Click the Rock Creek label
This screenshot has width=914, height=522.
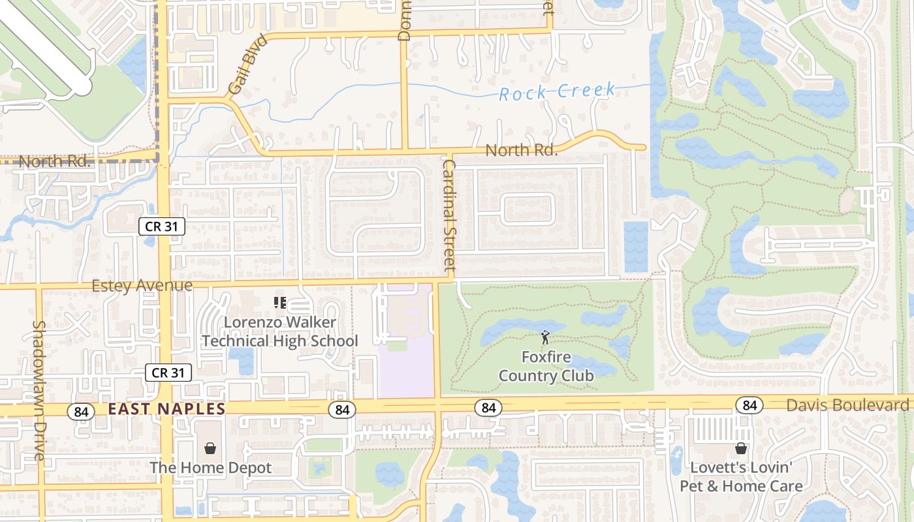pos(557,91)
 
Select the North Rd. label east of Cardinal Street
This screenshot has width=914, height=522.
pos(521,151)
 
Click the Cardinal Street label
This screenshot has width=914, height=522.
pos(449,214)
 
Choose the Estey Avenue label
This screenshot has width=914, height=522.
pos(142,286)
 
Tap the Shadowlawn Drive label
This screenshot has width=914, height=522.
pos(39,390)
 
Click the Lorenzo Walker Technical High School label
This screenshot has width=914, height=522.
pos(280,331)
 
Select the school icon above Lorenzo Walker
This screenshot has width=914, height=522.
pos(280,303)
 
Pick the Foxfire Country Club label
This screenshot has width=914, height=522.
pos(546,366)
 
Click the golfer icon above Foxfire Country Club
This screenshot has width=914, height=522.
pos(545,338)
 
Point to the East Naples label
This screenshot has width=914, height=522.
pos(166,409)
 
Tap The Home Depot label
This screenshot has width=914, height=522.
pos(210,468)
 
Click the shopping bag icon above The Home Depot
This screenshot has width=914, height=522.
pos(210,448)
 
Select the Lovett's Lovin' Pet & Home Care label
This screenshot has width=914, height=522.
pos(741,477)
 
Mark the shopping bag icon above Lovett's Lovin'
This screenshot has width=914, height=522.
pos(741,448)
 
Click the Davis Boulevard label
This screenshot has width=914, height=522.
pos(847,405)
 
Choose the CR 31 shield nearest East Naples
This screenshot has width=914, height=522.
pos(168,373)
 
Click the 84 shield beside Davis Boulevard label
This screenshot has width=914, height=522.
pos(749,405)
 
